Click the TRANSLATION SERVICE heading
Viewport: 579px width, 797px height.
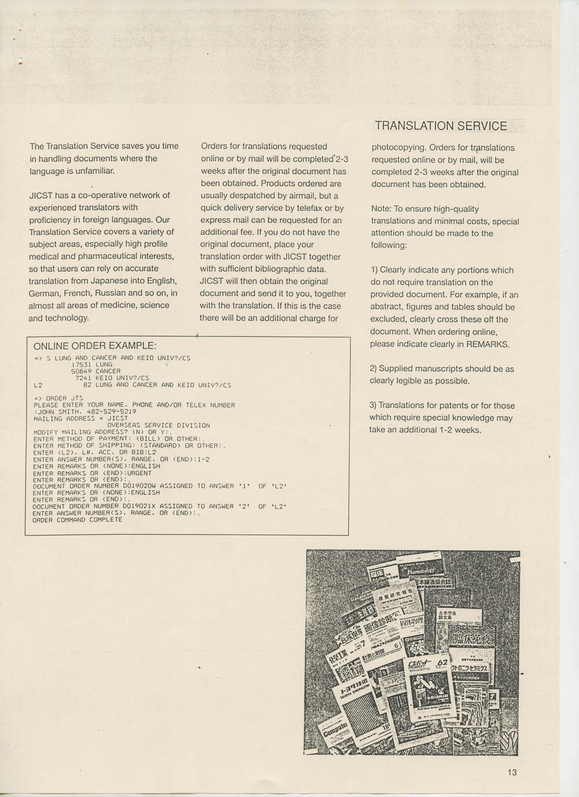pyautogui.click(x=441, y=126)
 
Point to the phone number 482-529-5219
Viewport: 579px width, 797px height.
pyautogui.click(x=111, y=412)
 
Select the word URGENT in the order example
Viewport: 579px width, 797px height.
pyautogui.click(x=139, y=473)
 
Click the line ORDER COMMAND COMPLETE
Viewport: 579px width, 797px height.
pyautogui.click(x=77, y=520)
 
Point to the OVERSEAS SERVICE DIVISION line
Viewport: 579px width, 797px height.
pyautogui.click(x=158, y=425)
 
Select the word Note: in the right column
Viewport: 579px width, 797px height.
pyautogui.click(x=381, y=209)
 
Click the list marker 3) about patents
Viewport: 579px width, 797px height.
pyautogui.click(x=373, y=406)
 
